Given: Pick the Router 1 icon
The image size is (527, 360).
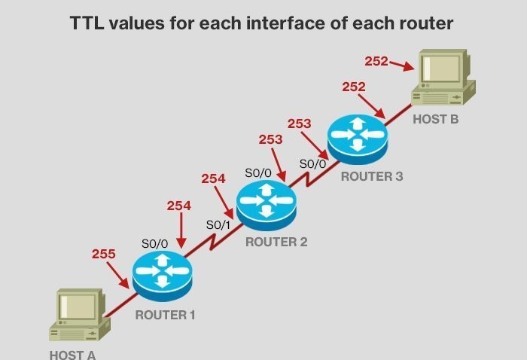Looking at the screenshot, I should pos(163,272).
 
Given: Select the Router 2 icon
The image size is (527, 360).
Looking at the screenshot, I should pos(267,203).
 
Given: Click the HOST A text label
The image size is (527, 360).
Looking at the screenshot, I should pos(73,354).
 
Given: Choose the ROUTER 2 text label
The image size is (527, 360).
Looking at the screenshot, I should pos(276,243).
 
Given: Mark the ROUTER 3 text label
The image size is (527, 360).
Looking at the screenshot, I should pos(372,177).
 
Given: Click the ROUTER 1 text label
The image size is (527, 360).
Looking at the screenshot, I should pos(165,315).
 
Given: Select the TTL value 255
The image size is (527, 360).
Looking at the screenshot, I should pos(103,254).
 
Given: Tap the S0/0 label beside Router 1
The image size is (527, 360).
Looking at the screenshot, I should pos(154,243).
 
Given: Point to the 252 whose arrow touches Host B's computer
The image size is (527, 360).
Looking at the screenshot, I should pos(376,60).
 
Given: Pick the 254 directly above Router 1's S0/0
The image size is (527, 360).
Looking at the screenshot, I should pos(178,206).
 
